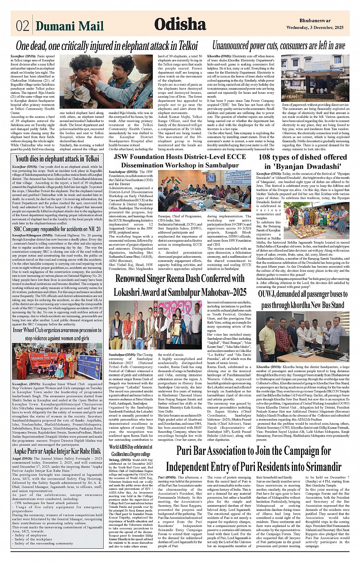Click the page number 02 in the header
click(22, 26)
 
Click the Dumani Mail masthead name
click(69, 26)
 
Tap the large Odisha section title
click(180, 24)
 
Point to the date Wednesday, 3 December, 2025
click(315, 27)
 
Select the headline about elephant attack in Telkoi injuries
click(107, 46)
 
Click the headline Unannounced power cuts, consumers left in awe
click(278, 46)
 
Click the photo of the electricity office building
click(315, 78)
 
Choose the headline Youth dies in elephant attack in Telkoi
click(57, 159)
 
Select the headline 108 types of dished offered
click(302, 161)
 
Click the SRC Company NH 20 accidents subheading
click(57, 229)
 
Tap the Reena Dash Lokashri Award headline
click(180, 285)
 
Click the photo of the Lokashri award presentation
click(155, 325)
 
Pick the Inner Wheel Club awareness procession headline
click(57, 334)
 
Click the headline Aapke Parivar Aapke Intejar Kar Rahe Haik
click(57, 451)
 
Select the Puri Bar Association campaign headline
click(253, 459)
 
